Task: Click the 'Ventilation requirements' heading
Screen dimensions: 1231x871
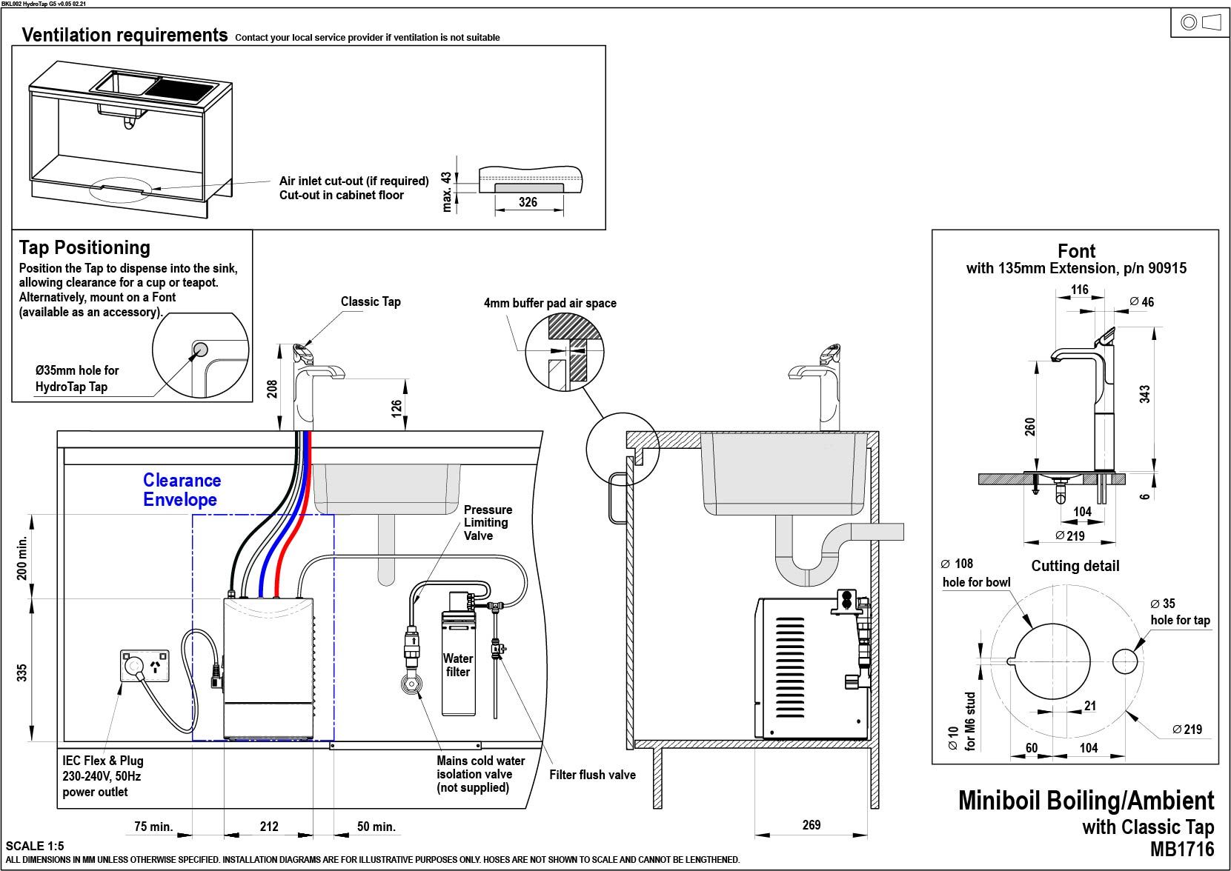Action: coord(125,35)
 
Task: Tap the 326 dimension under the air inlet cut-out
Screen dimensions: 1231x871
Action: coord(528,202)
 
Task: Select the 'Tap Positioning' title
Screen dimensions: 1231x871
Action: coord(84,247)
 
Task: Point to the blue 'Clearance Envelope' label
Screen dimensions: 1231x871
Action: coord(182,490)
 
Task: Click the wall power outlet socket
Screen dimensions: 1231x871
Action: coord(145,666)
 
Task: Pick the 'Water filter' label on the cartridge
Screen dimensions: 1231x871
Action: coord(458,665)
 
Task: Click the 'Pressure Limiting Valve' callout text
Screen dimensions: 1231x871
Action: coord(488,522)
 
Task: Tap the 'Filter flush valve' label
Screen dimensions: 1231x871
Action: coord(592,775)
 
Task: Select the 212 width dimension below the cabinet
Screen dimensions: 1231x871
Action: coord(269,827)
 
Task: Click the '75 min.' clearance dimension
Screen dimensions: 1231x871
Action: coord(153,827)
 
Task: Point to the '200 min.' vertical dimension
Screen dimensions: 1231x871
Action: coord(22,558)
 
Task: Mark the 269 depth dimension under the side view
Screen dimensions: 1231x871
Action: coord(811,825)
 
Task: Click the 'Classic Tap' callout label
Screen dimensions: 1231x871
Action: coord(371,301)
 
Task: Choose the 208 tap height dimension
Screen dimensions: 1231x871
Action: coord(272,389)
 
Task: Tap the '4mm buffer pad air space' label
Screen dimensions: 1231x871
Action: coord(550,303)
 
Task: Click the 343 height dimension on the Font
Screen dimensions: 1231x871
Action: coord(1144,394)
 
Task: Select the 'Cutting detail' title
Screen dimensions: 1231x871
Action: coord(1075,566)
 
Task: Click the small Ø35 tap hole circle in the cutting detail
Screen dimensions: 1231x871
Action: coord(1125,661)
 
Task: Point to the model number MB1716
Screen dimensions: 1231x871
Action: coord(1182,849)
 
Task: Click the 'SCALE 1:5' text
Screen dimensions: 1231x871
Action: coord(35,846)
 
